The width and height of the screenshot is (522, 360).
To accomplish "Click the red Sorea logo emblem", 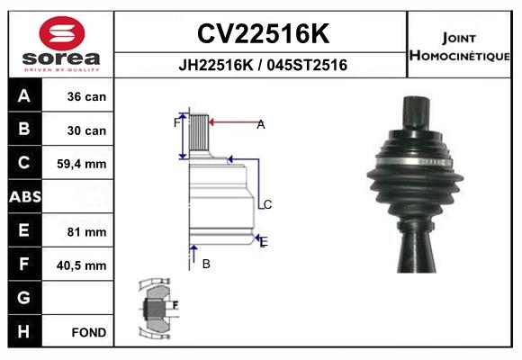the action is click(62, 33).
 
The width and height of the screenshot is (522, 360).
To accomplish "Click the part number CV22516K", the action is click(263, 33).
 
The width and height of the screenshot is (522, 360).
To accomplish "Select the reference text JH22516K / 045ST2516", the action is click(263, 65).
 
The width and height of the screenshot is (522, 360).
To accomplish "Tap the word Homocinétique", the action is click(459, 56).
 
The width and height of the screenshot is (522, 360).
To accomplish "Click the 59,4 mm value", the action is click(82, 164).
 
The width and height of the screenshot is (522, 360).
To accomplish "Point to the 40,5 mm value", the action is click(82, 265).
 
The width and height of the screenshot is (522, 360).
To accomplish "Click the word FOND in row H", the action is click(89, 332).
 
